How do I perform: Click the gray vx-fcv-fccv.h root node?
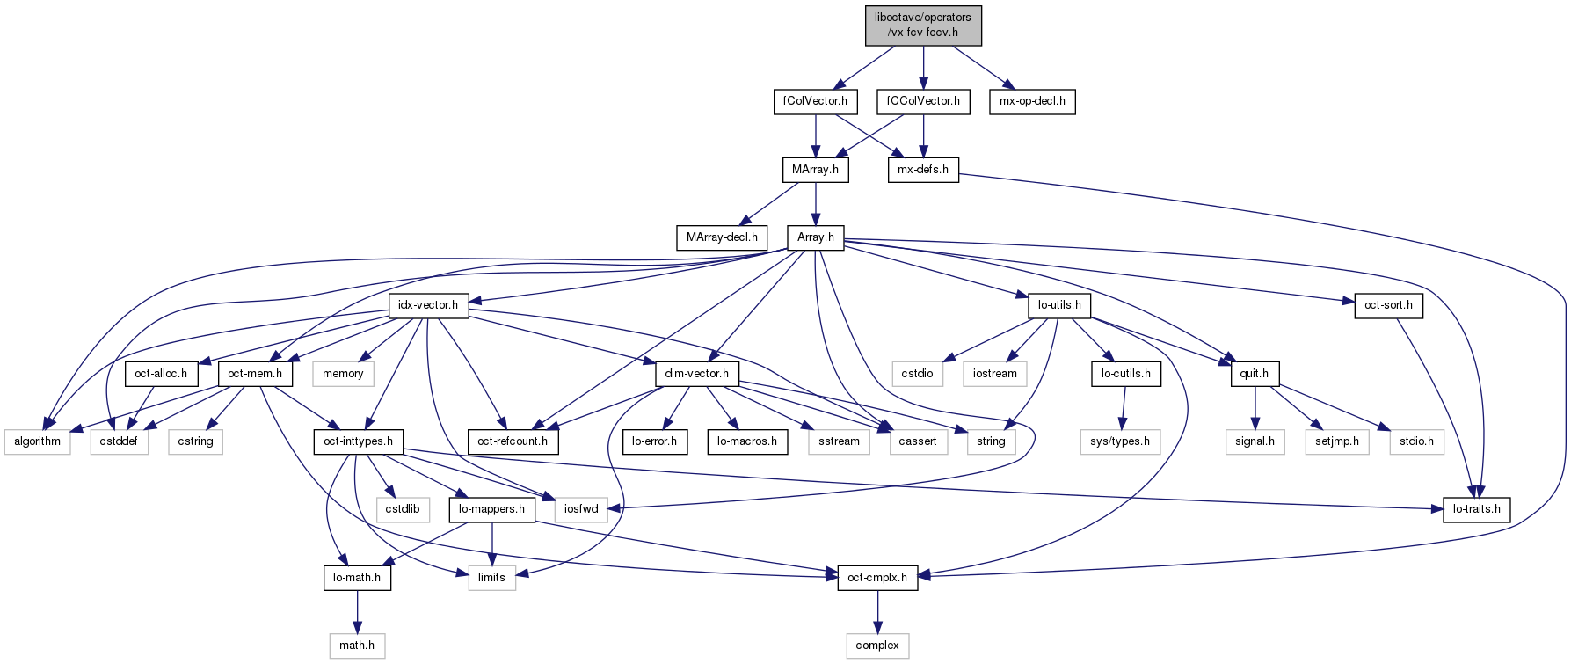tap(923, 26)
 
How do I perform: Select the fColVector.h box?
tap(816, 101)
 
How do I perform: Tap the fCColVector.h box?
tap(923, 101)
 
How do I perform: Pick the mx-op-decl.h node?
tap(1032, 101)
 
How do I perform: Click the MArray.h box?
tap(816, 170)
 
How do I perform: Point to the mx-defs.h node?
tap(923, 170)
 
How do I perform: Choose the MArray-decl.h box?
tap(722, 237)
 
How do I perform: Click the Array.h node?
tap(816, 237)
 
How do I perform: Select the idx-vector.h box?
tap(428, 305)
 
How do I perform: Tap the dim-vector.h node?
tap(697, 374)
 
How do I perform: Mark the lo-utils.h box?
tap(1059, 305)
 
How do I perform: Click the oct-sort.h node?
tap(1388, 305)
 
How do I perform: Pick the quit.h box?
tap(1255, 374)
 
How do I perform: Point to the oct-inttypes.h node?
tap(358, 441)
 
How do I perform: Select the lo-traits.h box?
tap(1477, 509)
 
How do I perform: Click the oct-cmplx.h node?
tap(877, 578)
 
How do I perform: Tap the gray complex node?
tap(877, 646)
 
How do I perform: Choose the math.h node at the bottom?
tap(357, 646)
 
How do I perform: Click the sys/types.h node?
tap(1120, 441)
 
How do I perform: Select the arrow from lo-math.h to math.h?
tap(357, 611)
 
